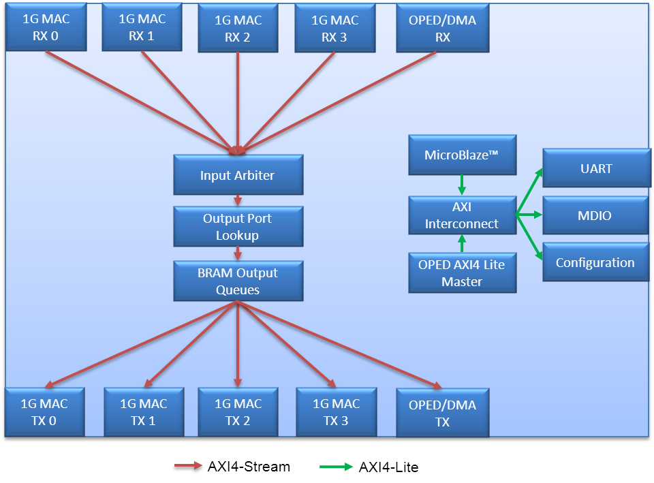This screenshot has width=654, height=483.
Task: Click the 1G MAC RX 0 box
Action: click(45, 27)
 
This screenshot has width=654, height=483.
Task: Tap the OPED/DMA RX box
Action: click(442, 29)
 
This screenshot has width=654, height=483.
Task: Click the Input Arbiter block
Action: click(237, 175)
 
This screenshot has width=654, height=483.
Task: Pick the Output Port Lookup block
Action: click(237, 227)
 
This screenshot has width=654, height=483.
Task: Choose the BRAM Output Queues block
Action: click(238, 281)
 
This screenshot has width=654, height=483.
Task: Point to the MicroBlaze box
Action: click(461, 155)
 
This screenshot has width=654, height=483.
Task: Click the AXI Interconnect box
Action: click(461, 215)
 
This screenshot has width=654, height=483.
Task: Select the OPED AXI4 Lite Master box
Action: click(461, 272)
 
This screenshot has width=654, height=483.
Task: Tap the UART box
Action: click(596, 168)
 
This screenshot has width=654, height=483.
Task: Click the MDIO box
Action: click(595, 215)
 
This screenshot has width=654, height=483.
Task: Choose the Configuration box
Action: click(595, 262)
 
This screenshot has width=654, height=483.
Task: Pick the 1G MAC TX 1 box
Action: click(143, 412)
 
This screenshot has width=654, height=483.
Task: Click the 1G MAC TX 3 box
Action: click(336, 412)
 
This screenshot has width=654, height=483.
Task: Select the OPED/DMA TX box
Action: click(442, 414)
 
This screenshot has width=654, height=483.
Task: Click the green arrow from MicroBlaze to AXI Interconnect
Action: click(461, 184)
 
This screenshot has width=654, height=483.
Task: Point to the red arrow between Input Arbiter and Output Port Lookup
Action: click(238, 200)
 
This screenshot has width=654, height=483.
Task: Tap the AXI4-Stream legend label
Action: click(249, 467)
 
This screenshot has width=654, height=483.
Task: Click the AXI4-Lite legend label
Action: click(389, 467)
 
